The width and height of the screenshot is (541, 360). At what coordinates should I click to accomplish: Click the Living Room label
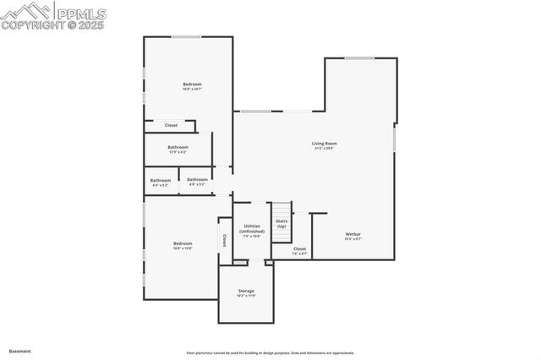[325, 144]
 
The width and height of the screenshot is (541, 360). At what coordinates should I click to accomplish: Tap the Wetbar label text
[352, 234]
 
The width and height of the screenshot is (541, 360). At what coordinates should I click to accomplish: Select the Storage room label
[245, 291]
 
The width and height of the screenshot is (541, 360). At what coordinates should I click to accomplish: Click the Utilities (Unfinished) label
[251, 228]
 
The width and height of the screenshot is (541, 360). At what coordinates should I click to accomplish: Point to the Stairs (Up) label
[281, 224]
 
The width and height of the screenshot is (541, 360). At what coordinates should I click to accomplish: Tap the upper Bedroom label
[193, 84]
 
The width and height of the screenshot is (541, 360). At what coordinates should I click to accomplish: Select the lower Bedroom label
[183, 243]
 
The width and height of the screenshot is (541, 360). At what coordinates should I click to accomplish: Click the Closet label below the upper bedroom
[171, 125]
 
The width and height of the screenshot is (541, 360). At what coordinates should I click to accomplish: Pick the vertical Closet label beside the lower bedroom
[224, 240]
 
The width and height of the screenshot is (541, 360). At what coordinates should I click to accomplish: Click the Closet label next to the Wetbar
[300, 248]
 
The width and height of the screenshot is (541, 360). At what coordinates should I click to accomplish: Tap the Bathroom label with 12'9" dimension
[178, 147]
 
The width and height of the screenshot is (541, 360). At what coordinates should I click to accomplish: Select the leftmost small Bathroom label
[161, 180]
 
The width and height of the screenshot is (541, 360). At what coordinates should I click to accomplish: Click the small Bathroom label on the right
[197, 179]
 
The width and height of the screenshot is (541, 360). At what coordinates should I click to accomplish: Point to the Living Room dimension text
[325, 149]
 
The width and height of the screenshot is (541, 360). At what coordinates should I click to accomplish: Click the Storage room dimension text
[245, 296]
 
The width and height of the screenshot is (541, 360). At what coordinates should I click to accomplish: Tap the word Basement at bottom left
[19, 350]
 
